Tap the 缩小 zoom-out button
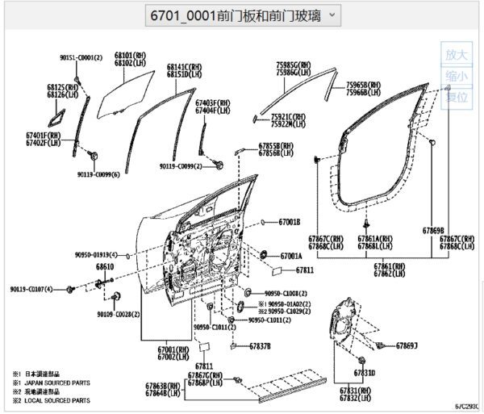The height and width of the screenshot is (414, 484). click(x=457, y=76)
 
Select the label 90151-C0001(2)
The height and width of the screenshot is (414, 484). click(x=81, y=58)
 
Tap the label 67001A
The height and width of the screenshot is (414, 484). click(x=290, y=256)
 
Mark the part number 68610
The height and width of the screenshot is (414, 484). click(x=105, y=266)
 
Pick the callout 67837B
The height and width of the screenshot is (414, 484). click(x=260, y=346)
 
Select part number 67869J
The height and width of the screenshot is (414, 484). click(x=407, y=345)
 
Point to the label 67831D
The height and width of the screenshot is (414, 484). click(x=364, y=374)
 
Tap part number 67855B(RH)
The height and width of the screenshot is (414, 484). click(x=276, y=146)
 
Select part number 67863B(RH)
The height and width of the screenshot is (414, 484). click(x=167, y=387)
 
